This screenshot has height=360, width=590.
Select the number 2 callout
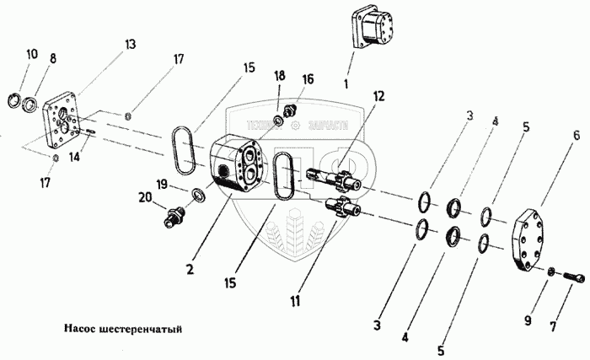(x=191, y=271)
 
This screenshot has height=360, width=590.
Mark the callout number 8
(x=52, y=59)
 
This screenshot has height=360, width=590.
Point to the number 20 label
(x=146, y=197)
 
